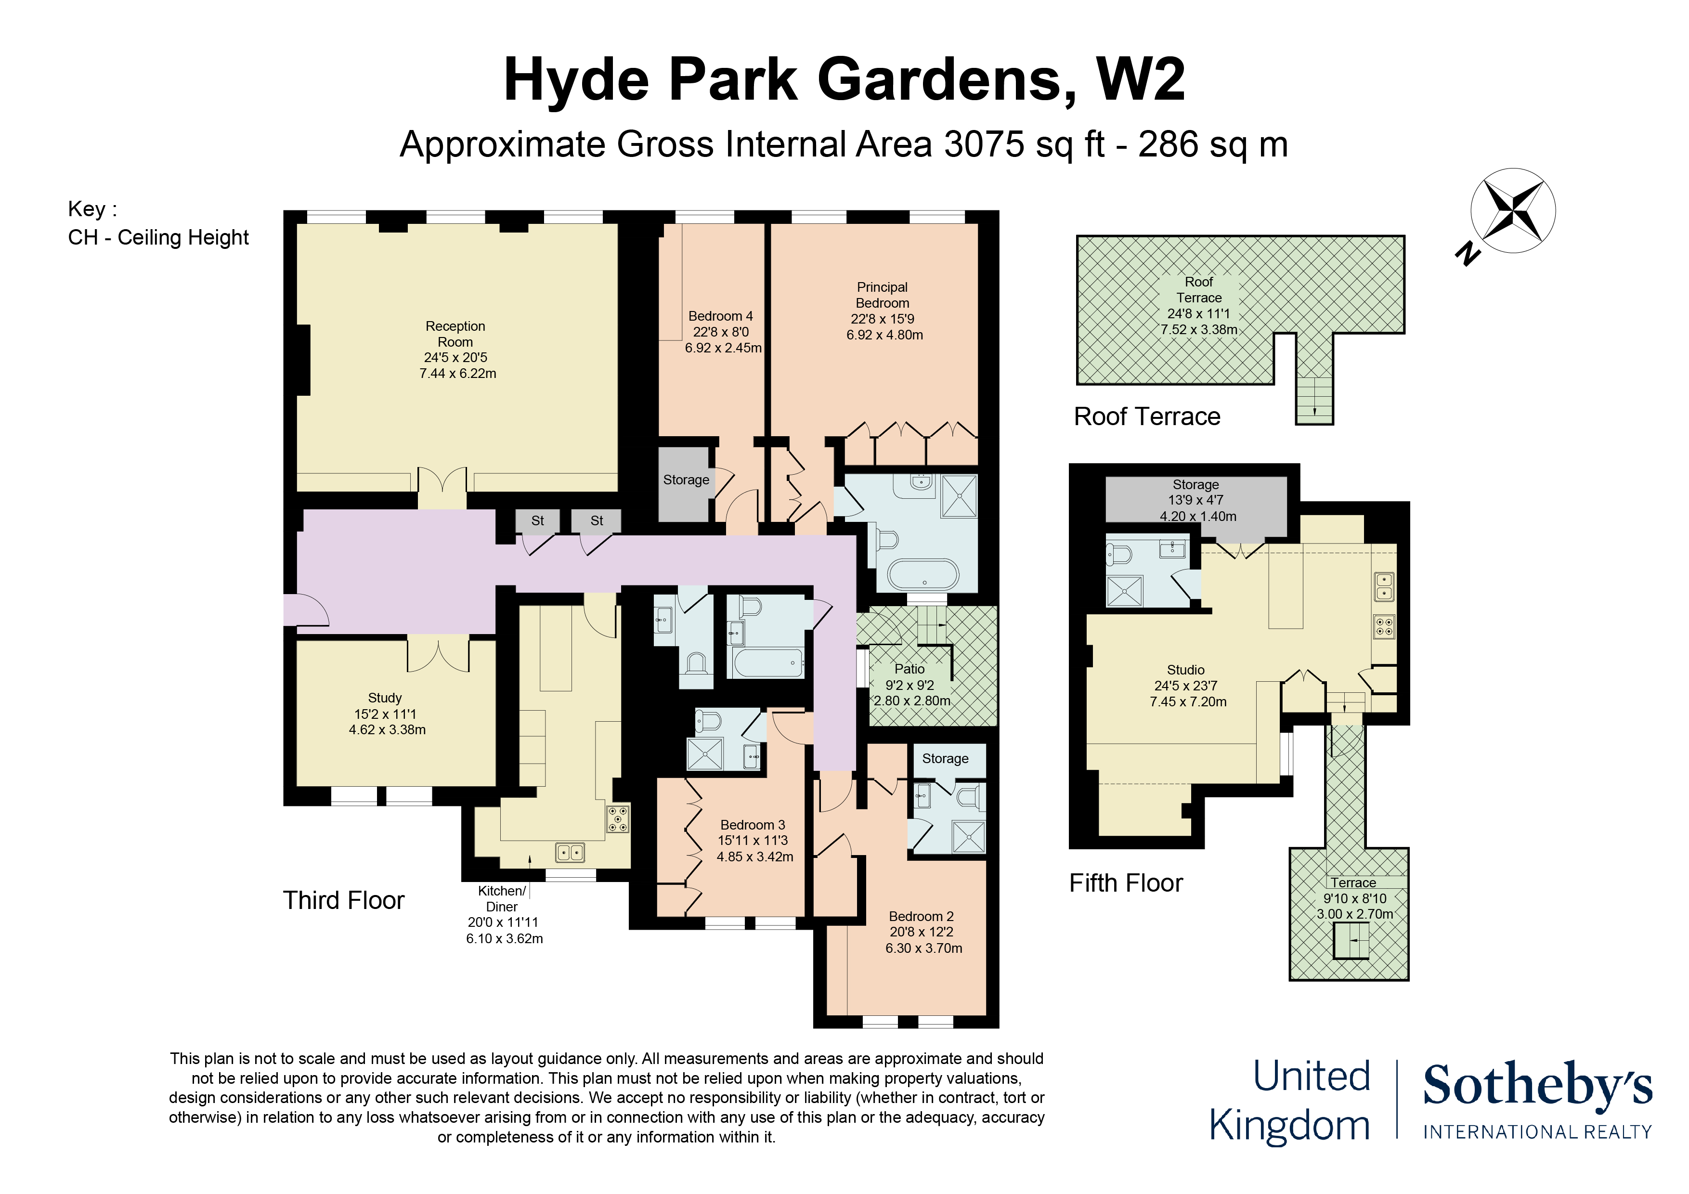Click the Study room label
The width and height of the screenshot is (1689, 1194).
385,698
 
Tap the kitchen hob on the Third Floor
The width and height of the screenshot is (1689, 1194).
618,819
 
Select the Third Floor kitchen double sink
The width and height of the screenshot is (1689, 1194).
570,853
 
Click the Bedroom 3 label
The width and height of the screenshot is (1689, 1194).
753,825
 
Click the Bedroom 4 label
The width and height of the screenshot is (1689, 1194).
720,316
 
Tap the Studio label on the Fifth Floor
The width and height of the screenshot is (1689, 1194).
1186,670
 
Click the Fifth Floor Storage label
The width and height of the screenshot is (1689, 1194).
1195,485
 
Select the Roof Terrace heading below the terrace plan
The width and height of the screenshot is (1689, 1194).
1147,416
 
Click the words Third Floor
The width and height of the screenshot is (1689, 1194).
344,900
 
